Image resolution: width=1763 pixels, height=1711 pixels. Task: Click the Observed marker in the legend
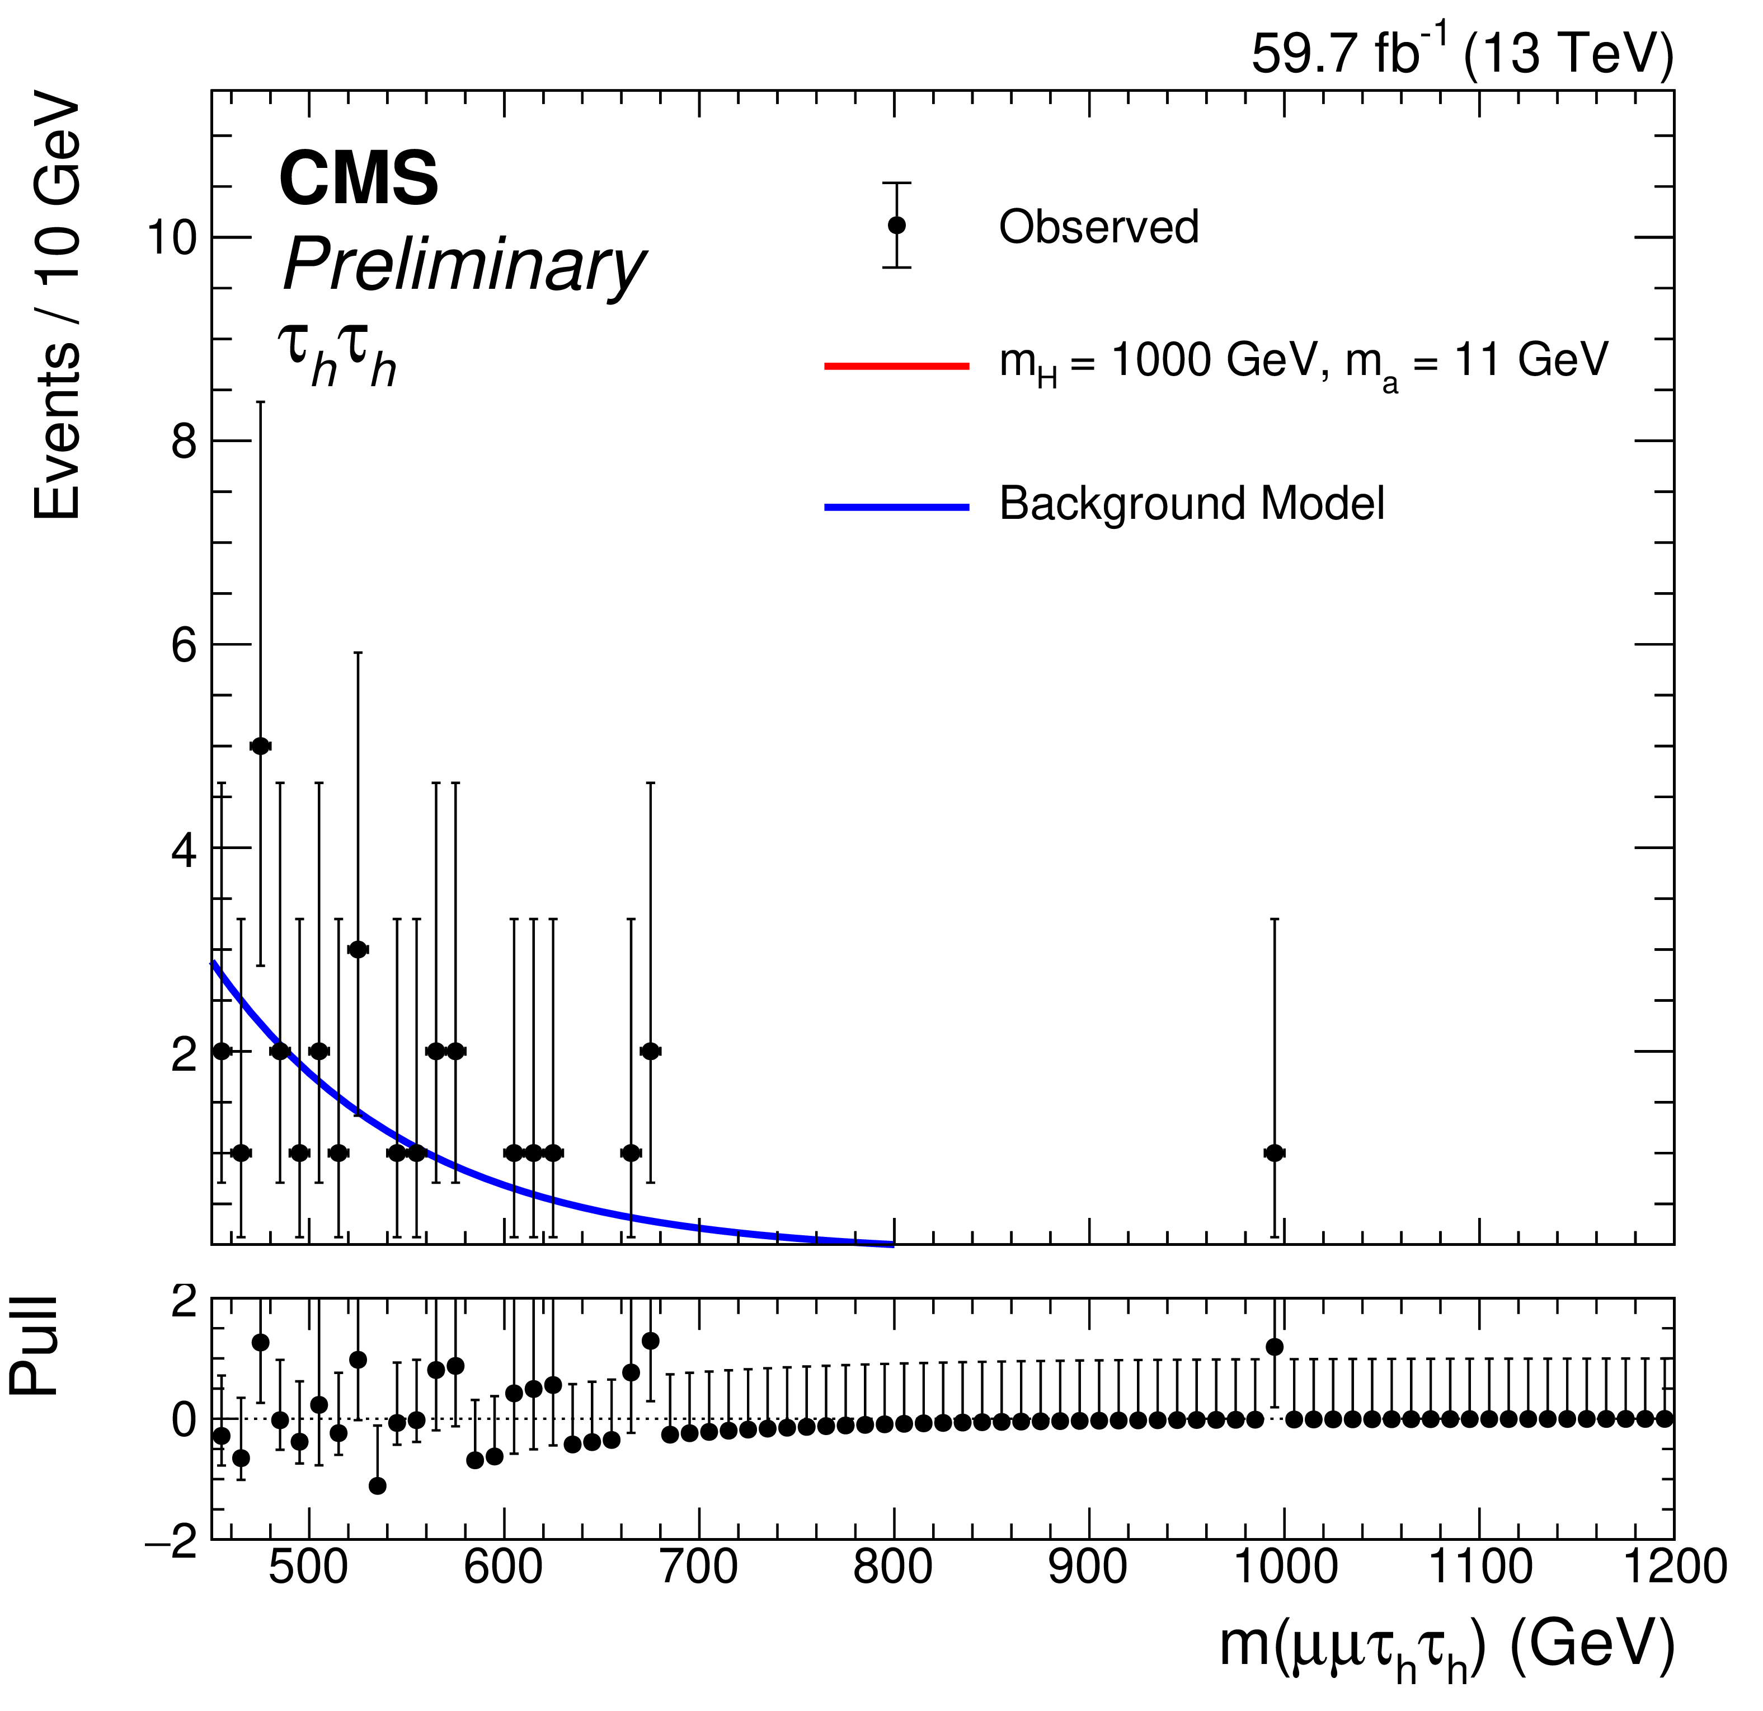tap(897, 225)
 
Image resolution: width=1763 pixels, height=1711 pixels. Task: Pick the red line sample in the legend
tap(897, 366)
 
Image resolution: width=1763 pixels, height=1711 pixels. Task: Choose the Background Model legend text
tap(1192, 504)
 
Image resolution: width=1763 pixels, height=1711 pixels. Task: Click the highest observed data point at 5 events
tap(261, 746)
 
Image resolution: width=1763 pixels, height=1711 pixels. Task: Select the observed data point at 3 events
tap(358, 949)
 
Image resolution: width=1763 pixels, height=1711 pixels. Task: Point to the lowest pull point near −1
tap(378, 1485)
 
